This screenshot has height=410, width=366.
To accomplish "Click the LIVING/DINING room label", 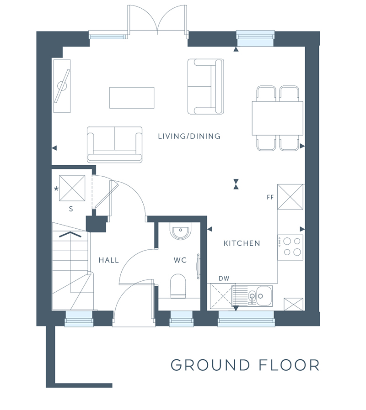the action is pos(189,136).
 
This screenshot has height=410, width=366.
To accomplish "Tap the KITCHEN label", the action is pos(242,243).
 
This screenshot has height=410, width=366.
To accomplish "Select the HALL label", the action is pos(109,260).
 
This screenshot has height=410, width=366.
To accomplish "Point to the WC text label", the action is pos(180,260).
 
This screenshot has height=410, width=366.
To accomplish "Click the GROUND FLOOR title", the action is pos(245,365).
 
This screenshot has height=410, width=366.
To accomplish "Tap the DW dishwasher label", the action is pos(224,279).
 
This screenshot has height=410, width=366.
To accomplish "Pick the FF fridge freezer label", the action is pos(270,197).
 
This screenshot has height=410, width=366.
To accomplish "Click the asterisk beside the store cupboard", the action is pos(56,189).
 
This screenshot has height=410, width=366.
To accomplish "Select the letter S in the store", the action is pos(71,209).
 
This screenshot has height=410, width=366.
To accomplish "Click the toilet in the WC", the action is pos(178,286).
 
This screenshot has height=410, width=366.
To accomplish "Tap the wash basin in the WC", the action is pos(180,231).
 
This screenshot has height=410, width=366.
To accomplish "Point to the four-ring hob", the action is pos(291,247).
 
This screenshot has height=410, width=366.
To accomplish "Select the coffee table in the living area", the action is pos(132,98).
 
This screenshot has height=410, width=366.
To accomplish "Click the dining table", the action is pos(277,118).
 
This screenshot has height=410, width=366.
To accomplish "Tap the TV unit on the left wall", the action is pos(62,86).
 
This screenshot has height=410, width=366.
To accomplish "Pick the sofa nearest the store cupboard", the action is pos(115,144).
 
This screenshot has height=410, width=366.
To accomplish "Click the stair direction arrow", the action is pos(70,235).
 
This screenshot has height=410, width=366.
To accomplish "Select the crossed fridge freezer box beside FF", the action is pos(291,197).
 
